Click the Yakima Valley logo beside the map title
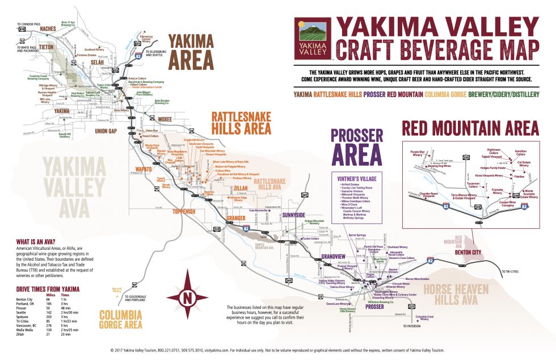[313, 39]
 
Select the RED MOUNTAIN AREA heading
[470, 128]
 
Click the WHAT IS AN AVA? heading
[35, 241]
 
